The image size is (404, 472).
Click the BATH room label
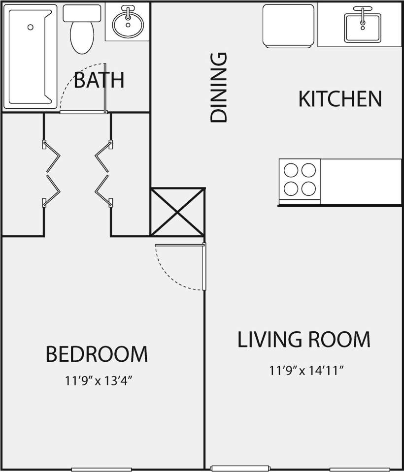tap(99, 80)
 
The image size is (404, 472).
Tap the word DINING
tap(219, 88)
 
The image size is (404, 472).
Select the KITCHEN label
tap(340, 99)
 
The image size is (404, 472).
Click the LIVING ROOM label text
tap(303, 340)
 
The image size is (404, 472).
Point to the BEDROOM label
tap(97, 354)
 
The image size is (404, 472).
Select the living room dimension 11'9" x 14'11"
tap(306, 370)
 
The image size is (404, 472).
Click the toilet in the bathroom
tap(82, 31)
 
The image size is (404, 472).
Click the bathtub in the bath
tap(30, 57)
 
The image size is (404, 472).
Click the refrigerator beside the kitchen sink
tap(288, 26)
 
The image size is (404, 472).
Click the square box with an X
tap(177, 212)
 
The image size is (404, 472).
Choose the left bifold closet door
tap(52, 173)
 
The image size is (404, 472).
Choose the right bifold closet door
tap(103, 173)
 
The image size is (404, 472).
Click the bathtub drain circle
tap(31, 27)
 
